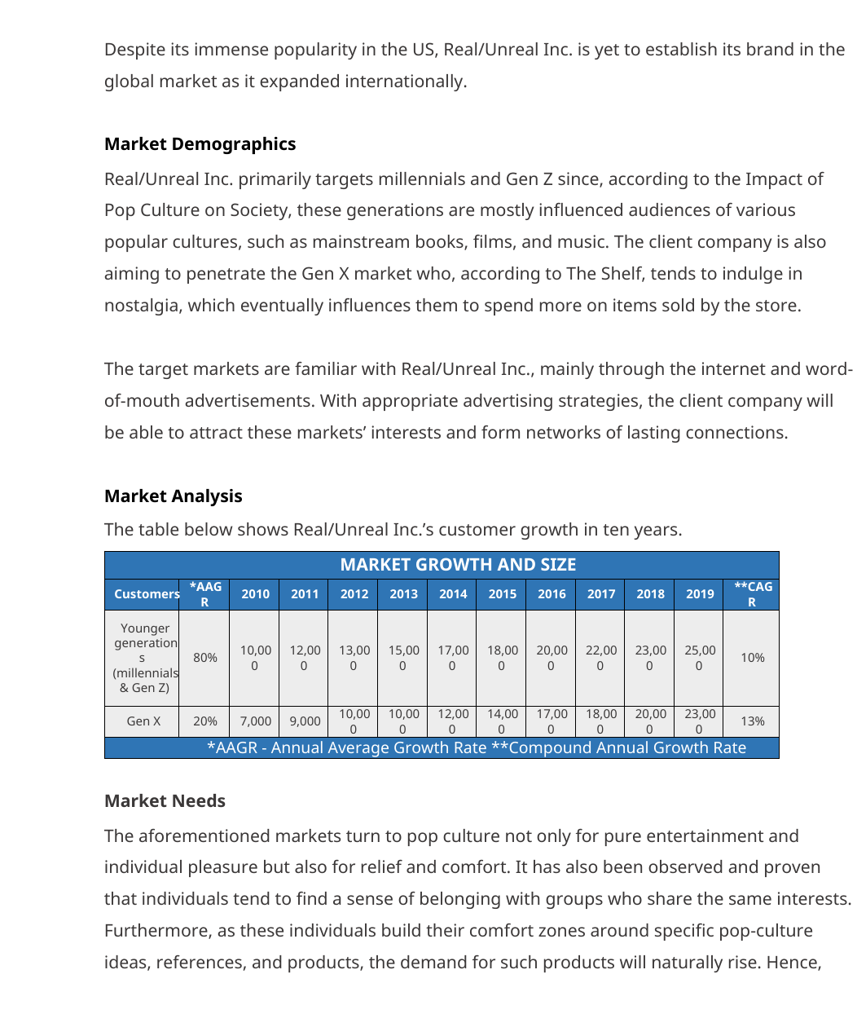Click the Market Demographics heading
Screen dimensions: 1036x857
pos(200,144)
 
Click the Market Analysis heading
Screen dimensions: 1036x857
pos(173,496)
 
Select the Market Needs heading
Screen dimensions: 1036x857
pos(165,801)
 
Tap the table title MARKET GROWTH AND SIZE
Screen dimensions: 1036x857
pos(458,565)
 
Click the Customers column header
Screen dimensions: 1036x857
pos(147,594)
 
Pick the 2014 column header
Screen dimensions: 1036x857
pos(453,594)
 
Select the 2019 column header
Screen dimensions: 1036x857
pos(700,594)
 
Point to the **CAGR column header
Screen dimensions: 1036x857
pos(753,594)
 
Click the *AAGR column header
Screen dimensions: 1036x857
pos(205,594)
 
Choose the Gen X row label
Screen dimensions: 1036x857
pos(143,721)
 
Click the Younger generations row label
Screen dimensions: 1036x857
pos(145,658)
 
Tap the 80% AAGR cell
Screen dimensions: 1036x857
pos(205,658)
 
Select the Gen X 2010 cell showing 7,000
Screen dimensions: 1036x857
pos(255,721)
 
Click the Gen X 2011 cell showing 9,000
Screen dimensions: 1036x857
pos(305,721)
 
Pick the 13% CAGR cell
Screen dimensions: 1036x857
pos(753,721)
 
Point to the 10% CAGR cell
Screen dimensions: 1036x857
pos(753,658)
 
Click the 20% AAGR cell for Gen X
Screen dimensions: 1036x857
pos(205,721)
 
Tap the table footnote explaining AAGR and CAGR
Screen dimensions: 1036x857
pos(476,748)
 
